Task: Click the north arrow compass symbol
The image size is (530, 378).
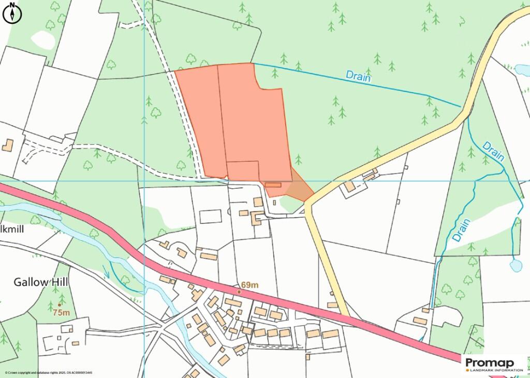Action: pos(12,13)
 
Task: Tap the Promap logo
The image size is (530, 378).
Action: pos(490,362)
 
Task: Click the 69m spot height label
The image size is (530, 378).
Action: pos(249,285)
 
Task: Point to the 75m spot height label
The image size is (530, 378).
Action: pos(61,312)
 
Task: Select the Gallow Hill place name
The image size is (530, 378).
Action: pos(41,282)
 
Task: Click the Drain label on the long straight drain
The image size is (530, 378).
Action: pos(359,77)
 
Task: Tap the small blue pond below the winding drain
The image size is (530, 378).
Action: pos(516,266)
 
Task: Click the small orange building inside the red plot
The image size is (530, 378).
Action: pos(273,185)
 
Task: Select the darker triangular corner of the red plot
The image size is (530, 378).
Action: pos(298,189)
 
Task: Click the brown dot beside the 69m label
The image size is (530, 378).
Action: pos(239,292)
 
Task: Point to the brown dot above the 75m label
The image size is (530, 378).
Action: pos(60,305)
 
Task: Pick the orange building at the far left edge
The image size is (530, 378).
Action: pos(7,145)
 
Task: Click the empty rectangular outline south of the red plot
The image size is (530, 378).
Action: pos(210,216)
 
